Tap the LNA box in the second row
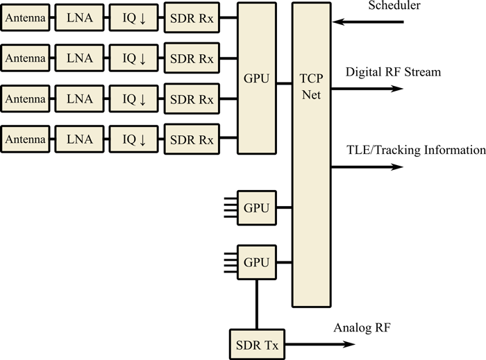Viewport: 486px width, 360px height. [78, 59]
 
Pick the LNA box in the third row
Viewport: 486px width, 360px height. [78, 99]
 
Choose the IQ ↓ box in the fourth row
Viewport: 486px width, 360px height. [134, 140]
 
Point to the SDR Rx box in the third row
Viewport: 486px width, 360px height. [192, 99]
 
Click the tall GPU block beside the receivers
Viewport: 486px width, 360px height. [257, 78]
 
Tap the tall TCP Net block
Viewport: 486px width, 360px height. [311, 154]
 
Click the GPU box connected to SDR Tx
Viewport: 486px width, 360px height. [257, 262]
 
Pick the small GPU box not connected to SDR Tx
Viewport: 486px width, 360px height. [257, 207]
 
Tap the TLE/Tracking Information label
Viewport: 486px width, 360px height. [415, 150]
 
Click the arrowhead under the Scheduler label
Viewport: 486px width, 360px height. [337, 22]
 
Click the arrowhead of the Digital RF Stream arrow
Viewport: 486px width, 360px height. [397, 89]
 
